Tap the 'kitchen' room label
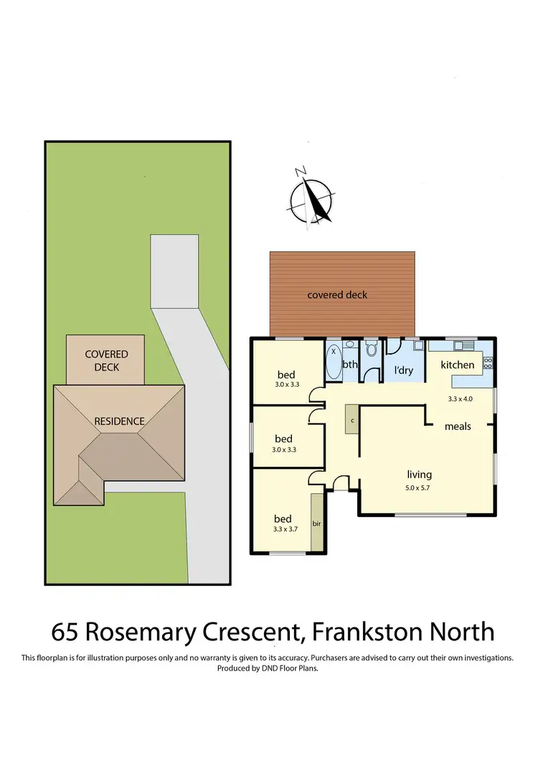(x=457, y=365)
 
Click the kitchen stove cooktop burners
(x=488, y=362)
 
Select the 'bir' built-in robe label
(x=316, y=523)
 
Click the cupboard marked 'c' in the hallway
(x=351, y=419)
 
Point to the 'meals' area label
(x=458, y=426)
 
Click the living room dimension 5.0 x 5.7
(x=419, y=487)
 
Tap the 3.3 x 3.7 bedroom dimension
(x=285, y=530)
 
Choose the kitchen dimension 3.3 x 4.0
(x=461, y=398)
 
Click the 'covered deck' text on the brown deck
(x=337, y=295)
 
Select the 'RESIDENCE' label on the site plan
(x=120, y=421)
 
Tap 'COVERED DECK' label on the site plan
(x=106, y=360)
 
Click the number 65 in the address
(x=65, y=632)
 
